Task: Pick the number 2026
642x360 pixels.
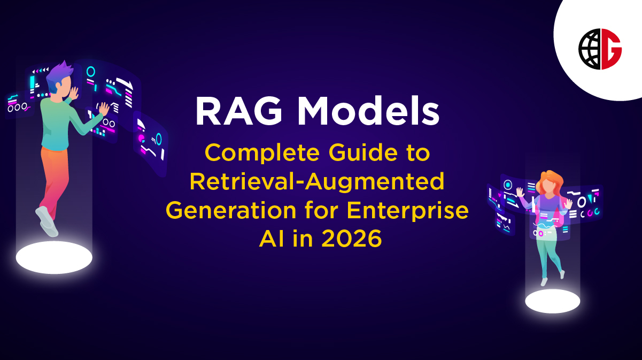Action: [x=352, y=238]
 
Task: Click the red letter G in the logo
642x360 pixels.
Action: [x=612, y=49]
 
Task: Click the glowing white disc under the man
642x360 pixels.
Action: [x=54, y=257]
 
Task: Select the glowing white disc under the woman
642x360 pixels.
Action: [x=552, y=301]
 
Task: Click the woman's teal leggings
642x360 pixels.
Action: [x=548, y=257]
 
